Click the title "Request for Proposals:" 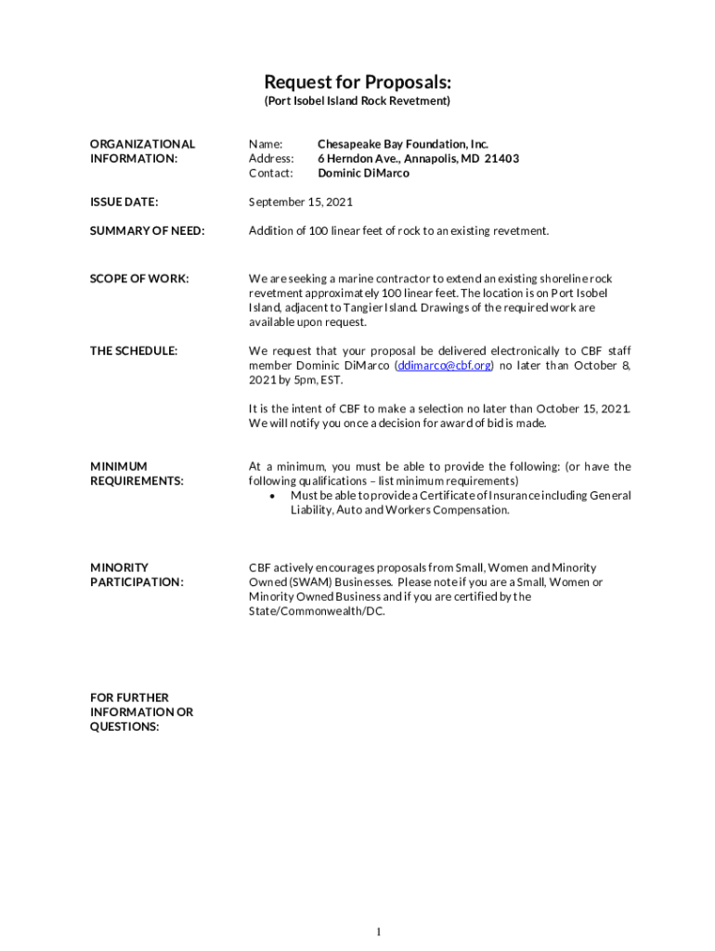pyautogui.click(x=357, y=82)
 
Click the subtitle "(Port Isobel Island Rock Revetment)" pyautogui.click(x=357, y=100)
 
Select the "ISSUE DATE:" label pyautogui.click(x=123, y=202)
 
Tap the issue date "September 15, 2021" pyautogui.click(x=300, y=202)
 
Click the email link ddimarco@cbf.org pyautogui.click(x=445, y=366)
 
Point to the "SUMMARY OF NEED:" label pyautogui.click(x=147, y=230)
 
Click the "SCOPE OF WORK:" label pyautogui.click(x=139, y=279)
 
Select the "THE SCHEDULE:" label pyautogui.click(x=134, y=351)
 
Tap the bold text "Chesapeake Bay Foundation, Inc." pyautogui.click(x=402, y=144)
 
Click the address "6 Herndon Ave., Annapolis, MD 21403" pyautogui.click(x=418, y=159)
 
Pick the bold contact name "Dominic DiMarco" pyautogui.click(x=363, y=174)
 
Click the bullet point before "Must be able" pyautogui.click(x=271, y=496)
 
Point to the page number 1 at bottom pyautogui.click(x=380, y=931)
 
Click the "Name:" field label pyautogui.click(x=265, y=144)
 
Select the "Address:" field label pyautogui.click(x=271, y=159)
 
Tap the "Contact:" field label pyautogui.click(x=271, y=174)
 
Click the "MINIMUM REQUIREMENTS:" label pyautogui.click(x=136, y=474)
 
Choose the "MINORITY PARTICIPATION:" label pyautogui.click(x=136, y=575)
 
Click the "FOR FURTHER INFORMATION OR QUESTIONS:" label pyautogui.click(x=141, y=712)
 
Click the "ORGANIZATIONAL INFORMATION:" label pyautogui.click(x=142, y=151)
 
